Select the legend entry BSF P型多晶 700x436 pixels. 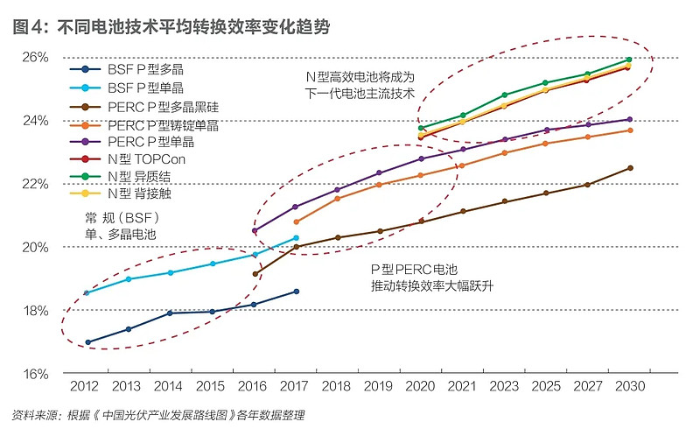pos(145,67)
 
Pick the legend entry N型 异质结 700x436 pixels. pos(144,175)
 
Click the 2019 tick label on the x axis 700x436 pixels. pos(379,386)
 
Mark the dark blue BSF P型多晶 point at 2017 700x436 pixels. pos(297,292)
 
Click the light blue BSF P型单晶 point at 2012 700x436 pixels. pos(87,293)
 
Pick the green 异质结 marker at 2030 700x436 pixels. pos(629,60)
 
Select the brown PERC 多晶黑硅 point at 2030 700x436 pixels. pos(629,168)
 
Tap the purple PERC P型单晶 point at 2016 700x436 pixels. pos(255,231)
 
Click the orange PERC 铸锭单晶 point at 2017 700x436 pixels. pos(297,222)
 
